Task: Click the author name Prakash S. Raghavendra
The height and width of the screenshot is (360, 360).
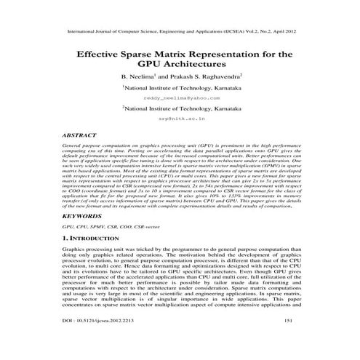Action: coord(207,77)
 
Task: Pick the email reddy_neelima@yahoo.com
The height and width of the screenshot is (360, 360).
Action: coord(180,97)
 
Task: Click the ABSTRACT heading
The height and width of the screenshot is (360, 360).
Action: coord(79,135)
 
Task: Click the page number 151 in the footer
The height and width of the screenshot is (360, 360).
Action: coord(288,340)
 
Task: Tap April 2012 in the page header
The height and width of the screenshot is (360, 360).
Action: coord(280,32)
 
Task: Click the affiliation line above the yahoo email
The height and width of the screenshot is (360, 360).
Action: coord(180,87)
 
